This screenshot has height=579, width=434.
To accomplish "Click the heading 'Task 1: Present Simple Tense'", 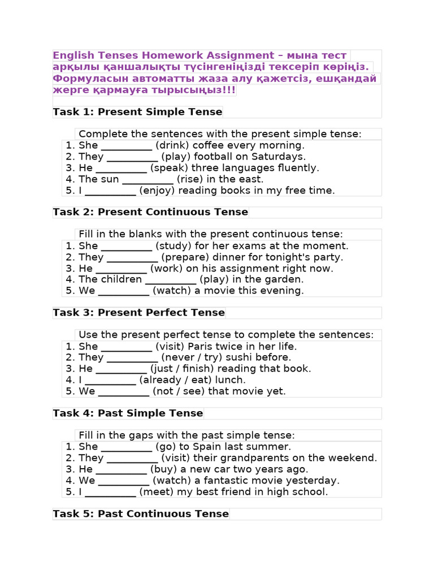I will click(x=137, y=112).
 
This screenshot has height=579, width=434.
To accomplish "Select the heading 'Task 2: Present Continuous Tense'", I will click(x=150, y=212).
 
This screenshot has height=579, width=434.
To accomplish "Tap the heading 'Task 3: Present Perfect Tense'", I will click(x=139, y=313).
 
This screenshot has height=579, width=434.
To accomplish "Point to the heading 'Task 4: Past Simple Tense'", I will click(x=128, y=413).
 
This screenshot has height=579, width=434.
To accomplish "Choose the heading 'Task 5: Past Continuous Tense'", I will click(x=141, y=514).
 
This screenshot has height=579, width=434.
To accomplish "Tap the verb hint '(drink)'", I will click(x=172, y=145).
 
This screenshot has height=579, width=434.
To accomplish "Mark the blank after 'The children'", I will click(x=171, y=280).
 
